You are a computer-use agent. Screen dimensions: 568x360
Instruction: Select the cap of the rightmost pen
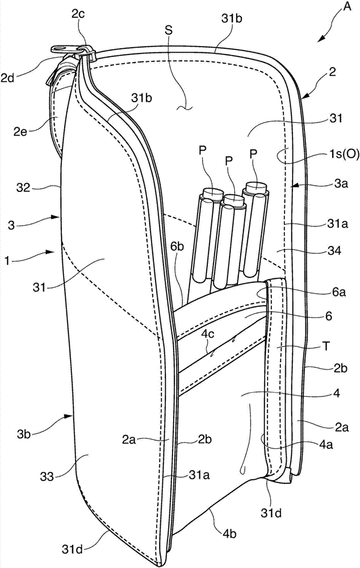click(256, 187)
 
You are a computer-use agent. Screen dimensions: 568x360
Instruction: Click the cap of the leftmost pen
click(211, 193)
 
